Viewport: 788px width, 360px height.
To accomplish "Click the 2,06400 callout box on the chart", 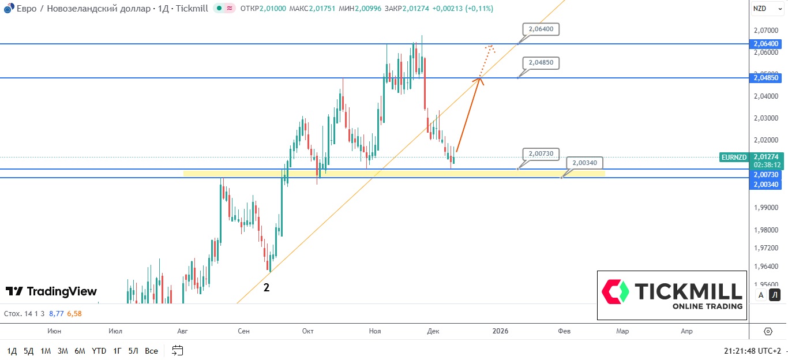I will click(541, 29).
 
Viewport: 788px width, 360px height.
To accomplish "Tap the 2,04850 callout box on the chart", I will click(541, 62).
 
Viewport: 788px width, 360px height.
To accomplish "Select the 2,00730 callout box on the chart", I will click(541, 153).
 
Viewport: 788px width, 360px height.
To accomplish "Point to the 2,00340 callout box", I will click(584, 163).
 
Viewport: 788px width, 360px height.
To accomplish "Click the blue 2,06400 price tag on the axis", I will click(766, 44).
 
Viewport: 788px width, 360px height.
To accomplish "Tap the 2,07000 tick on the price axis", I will click(766, 30).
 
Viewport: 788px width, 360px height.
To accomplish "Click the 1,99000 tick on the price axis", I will click(766, 208).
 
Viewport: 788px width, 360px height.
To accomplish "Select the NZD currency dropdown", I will click(766, 8).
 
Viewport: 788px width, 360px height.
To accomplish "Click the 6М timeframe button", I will click(80, 351).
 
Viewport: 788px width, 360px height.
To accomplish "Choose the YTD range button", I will click(99, 351).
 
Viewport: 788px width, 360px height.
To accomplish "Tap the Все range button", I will click(151, 351).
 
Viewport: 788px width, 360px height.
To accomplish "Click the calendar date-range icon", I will click(177, 350).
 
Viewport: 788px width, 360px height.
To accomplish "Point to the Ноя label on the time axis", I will click(375, 331).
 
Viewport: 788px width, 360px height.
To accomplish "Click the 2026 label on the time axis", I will click(500, 331).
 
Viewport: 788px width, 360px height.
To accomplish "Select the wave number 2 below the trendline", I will click(267, 287).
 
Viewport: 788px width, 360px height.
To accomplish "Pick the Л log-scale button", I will click(775, 295).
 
